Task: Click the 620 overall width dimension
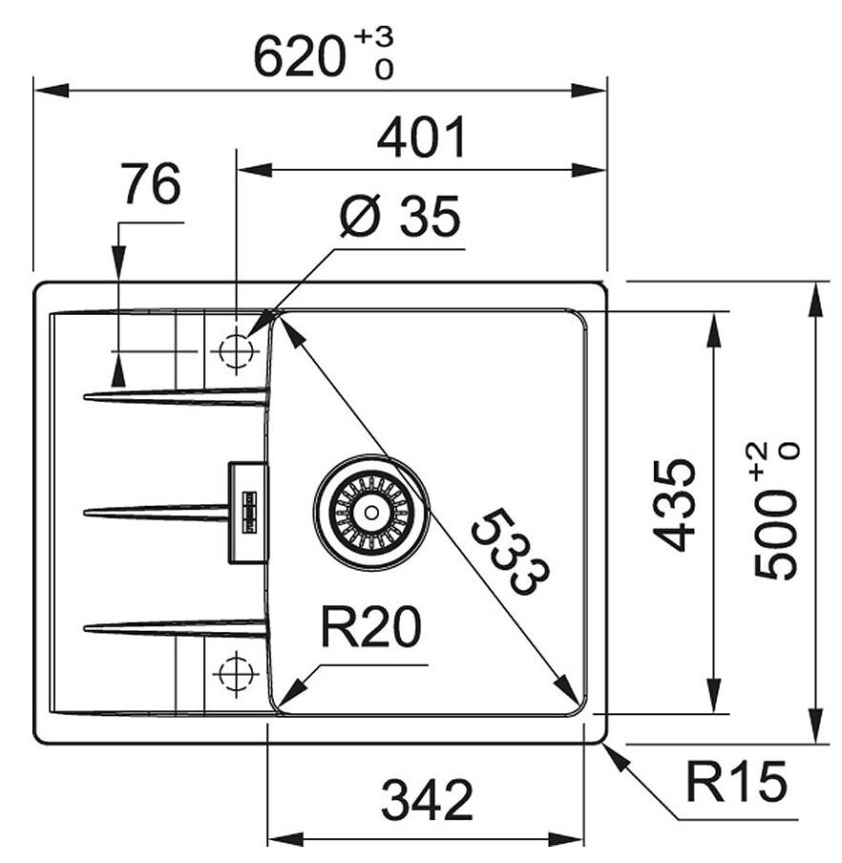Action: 301,56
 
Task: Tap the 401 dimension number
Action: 422,137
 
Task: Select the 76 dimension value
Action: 152,184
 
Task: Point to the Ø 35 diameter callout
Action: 400,217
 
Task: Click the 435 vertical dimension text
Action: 674,505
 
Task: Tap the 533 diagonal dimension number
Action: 510,552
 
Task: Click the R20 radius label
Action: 371,627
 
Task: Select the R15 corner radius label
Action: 737,782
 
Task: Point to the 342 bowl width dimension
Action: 427,800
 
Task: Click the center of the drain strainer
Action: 371,513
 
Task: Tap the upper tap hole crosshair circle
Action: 236,350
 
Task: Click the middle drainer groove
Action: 157,513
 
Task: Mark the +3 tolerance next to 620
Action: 373,36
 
